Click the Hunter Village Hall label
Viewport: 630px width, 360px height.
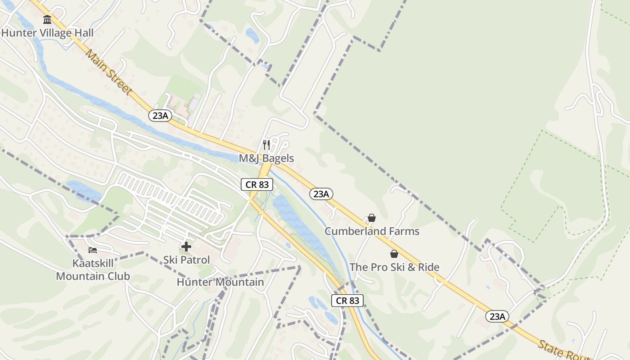point(47,33)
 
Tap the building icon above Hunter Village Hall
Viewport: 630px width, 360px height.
point(47,20)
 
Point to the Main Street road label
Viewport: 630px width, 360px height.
point(108,72)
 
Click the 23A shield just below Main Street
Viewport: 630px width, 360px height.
point(160,116)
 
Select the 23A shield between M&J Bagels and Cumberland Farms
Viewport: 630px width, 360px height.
point(321,194)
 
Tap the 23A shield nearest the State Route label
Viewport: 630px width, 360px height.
point(497,316)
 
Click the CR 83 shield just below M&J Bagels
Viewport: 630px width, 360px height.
point(257,184)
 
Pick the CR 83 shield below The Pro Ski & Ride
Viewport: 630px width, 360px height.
point(347,301)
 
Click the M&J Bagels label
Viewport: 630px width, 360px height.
point(266,158)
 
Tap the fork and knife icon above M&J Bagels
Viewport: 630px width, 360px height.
point(266,145)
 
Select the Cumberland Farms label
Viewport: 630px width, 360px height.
point(372,231)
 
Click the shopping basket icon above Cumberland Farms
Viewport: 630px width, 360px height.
point(372,218)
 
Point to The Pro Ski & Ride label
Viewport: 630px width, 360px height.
point(394,267)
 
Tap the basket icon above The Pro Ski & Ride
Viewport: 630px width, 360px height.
point(394,254)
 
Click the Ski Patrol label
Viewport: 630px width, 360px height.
point(186,260)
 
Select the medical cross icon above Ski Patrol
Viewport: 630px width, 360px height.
point(186,247)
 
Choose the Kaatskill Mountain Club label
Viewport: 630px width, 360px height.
point(93,270)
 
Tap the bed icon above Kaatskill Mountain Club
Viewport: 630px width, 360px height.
point(93,250)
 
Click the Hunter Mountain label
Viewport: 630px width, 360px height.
point(220,282)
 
